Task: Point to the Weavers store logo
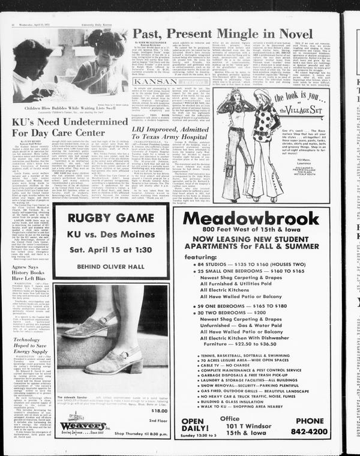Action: (x=82, y=426)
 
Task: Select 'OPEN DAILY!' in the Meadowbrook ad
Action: (x=201, y=425)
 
